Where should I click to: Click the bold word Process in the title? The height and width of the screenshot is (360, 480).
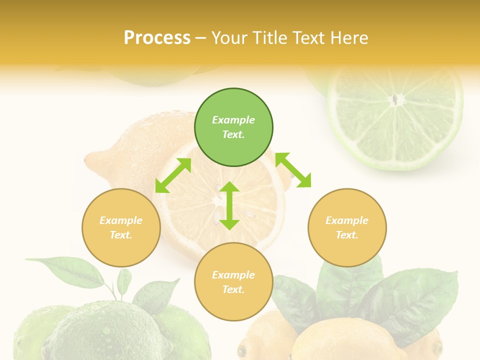point(157,37)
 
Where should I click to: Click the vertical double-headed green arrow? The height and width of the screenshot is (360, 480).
point(229,205)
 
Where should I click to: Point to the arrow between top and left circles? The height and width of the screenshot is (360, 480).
point(173,175)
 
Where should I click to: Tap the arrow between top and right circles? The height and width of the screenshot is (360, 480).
point(293,170)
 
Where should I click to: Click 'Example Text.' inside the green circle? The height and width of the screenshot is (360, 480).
point(233,127)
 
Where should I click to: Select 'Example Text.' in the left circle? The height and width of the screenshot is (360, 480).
point(121,227)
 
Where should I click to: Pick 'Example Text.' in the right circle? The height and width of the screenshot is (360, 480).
point(347,227)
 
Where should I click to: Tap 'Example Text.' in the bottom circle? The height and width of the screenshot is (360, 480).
point(233,282)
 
